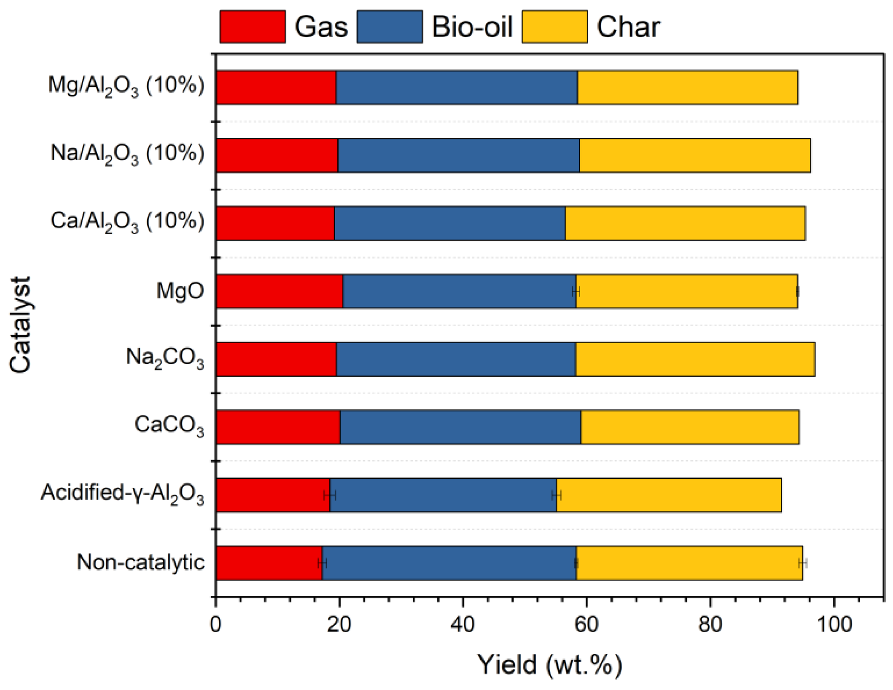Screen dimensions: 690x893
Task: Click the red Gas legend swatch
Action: (252, 27)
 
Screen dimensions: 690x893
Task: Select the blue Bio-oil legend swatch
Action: (389, 27)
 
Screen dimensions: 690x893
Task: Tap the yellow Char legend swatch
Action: (554, 27)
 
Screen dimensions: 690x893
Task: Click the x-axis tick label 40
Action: (463, 624)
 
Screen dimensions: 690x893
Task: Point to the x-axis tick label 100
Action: (834, 624)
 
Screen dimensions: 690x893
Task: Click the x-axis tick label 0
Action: (216, 624)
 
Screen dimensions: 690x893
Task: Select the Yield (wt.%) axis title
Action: (550, 665)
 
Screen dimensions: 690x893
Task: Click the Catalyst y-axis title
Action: (20, 325)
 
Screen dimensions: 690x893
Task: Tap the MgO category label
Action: (180, 291)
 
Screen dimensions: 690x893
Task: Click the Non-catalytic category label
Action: (141, 562)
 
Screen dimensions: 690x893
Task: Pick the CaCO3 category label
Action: (169, 426)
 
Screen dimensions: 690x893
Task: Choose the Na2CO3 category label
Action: (165, 358)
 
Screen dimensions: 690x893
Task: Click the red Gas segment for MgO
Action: (279, 291)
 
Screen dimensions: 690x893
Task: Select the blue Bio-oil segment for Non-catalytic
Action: (449, 563)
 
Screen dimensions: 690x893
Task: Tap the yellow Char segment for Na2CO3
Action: (695, 359)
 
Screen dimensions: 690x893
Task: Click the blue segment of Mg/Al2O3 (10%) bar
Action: (457, 87)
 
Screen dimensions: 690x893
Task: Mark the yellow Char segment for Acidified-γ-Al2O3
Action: (668, 495)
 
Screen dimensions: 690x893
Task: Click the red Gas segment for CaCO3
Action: (278, 427)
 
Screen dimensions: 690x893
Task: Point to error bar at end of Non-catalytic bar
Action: (803, 563)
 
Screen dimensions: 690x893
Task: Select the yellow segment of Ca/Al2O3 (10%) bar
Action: (685, 223)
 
